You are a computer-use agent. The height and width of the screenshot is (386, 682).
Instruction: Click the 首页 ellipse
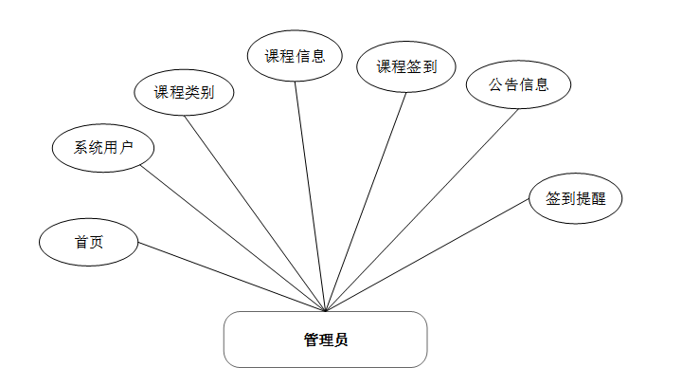[89, 242]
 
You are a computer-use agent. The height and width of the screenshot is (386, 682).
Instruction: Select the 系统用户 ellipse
[102, 147]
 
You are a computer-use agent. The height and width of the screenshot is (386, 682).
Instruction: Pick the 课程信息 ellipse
[295, 56]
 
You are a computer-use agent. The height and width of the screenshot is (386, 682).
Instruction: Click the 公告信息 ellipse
[518, 84]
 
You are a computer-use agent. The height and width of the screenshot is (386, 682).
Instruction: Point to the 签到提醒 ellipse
[576, 200]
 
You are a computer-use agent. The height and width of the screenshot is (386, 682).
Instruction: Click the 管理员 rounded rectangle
[325, 340]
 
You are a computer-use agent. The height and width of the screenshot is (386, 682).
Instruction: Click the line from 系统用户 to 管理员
[234, 238]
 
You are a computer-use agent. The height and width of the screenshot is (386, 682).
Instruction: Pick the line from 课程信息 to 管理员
[310, 196]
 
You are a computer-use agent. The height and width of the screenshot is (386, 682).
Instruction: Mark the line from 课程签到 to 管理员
[366, 201]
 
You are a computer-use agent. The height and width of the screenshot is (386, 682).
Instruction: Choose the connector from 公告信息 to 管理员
[422, 210]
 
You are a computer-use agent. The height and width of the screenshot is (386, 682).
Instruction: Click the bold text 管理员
[325, 340]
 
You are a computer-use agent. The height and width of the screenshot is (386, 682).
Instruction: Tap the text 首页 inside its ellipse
[89, 242]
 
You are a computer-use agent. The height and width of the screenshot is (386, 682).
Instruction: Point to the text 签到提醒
[576, 200]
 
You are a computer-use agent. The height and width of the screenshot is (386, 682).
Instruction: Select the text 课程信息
[295, 56]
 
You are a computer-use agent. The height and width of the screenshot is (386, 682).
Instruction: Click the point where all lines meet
[325, 310]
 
